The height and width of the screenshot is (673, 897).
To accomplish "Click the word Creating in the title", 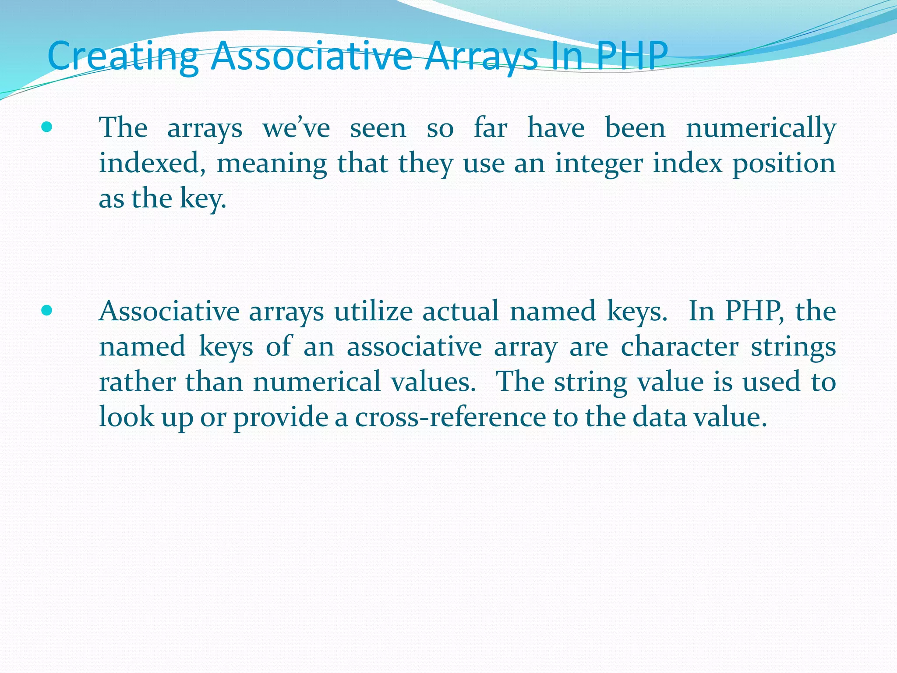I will coord(123,56).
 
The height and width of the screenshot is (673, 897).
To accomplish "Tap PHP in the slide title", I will coord(631,56).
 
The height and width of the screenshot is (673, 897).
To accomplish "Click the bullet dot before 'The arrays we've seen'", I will coord(46,128).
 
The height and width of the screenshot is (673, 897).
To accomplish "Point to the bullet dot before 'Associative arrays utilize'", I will coord(46,311).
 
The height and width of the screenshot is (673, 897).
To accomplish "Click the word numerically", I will coord(761,128).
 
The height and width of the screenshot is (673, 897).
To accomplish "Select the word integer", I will coord(599,164).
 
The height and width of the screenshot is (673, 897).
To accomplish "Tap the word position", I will coord(784,164).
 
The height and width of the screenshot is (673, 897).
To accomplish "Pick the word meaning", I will coord(272,164).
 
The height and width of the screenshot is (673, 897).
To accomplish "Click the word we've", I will coord(296,128).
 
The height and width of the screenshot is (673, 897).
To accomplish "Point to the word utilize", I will coord(373,312).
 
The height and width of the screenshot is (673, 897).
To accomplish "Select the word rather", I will coord(138,382).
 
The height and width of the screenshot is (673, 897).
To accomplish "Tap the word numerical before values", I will coord(317,382).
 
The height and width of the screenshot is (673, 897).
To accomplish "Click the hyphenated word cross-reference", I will coord(450,417).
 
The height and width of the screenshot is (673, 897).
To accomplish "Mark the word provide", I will coord(280,417).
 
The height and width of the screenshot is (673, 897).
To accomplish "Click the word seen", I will coord(378,128).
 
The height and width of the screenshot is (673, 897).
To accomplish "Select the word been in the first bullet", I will coord(635,128).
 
